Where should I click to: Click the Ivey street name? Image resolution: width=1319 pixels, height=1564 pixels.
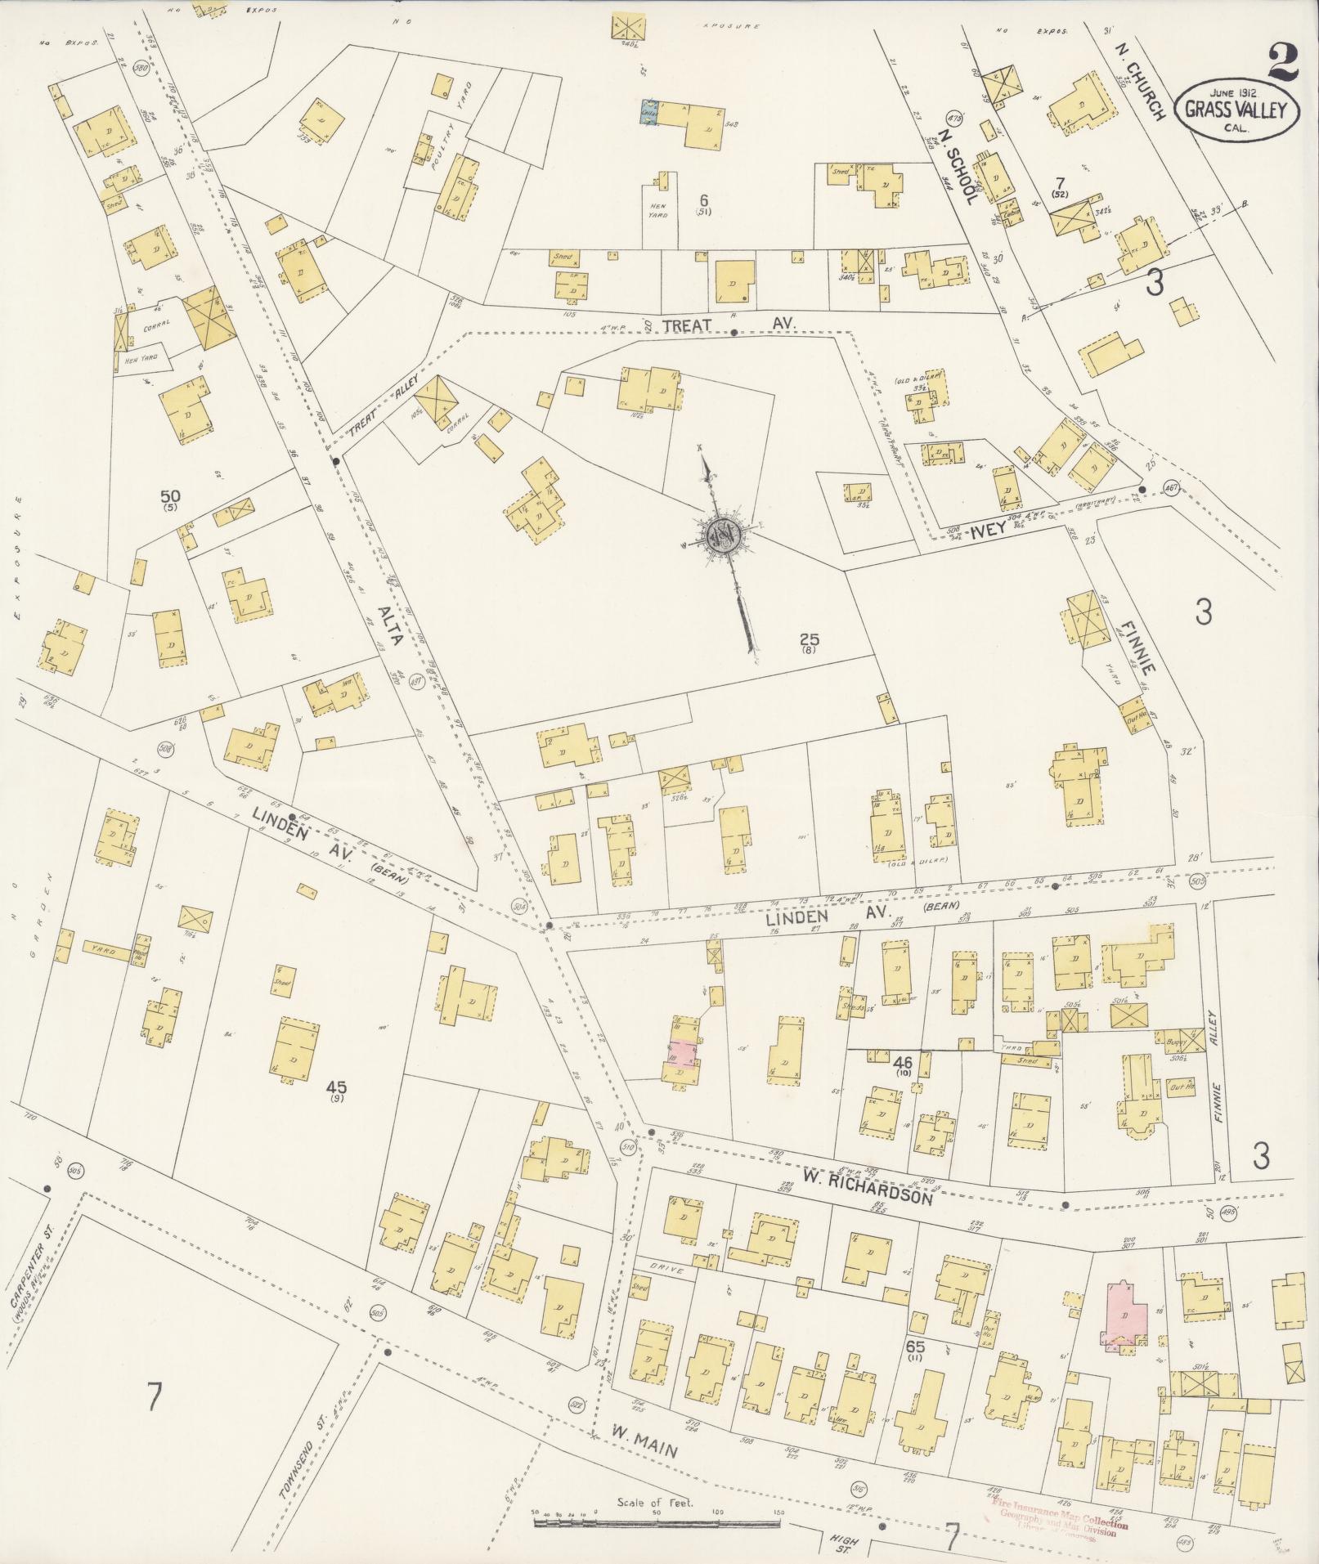click(991, 530)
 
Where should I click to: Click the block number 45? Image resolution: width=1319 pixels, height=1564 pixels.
click(337, 1087)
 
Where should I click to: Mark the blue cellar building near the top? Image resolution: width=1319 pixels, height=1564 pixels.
click(650, 113)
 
